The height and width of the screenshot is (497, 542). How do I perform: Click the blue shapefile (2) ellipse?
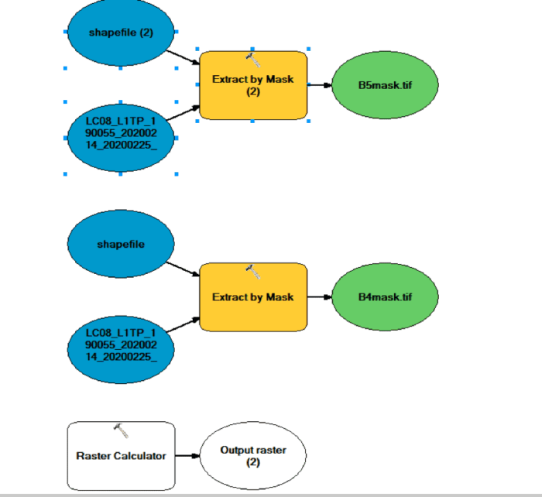click(120, 33)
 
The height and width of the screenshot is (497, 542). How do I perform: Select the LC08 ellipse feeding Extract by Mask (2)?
click(120, 138)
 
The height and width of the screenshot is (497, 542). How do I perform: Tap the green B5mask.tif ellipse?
click(385, 84)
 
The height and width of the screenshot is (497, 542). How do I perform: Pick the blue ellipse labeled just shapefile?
click(121, 244)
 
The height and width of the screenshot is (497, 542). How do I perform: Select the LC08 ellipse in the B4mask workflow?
click(120, 348)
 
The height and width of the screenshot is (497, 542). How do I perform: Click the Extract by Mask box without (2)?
click(253, 297)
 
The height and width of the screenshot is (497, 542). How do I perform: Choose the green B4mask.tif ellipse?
click(385, 296)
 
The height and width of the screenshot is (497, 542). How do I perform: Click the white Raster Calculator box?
click(121, 455)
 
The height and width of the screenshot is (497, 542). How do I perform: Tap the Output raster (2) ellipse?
click(252, 455)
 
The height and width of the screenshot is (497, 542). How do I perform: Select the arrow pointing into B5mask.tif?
click(320, 85)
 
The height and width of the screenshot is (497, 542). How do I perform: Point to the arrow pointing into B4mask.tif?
click(320, 296)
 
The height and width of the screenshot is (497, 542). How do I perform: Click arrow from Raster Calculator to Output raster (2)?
click(187, 455)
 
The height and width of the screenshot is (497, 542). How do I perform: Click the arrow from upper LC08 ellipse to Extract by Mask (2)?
click(184, 114)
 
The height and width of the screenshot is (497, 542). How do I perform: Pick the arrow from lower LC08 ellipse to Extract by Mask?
click(184, 325)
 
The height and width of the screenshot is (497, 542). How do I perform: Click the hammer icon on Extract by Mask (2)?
click(253, 58)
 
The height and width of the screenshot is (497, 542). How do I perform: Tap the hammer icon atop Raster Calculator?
click(120, 428)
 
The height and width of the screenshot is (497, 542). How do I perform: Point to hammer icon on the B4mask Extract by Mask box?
click(253, 270)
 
